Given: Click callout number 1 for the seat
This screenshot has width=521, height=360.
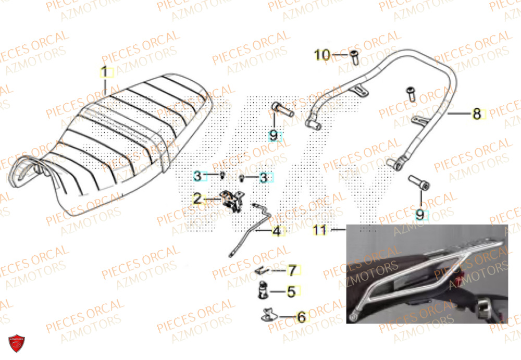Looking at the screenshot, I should click(104, 72).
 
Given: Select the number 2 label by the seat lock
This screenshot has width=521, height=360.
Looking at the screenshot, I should click(197, 198).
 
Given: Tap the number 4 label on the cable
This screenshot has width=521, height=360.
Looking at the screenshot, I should click(277, 231).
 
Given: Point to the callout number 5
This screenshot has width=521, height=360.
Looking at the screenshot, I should click(291, 291).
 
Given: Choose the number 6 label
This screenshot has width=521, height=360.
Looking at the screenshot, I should click(301, 316).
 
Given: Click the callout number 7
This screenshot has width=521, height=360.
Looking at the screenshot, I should click(292, 270).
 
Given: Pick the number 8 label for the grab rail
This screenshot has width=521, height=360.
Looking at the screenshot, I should click(477, 114).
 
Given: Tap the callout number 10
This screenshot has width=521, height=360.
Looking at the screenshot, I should click(322, 55).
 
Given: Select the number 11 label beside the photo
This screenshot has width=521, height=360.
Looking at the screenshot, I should click(319, 229).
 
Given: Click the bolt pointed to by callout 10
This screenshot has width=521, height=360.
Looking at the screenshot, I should click(354, 57).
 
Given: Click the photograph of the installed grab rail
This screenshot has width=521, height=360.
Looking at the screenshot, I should click(426, 274).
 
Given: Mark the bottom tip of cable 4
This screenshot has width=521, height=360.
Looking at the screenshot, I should click(230, 254).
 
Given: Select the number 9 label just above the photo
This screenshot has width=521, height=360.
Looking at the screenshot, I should click(420, 214).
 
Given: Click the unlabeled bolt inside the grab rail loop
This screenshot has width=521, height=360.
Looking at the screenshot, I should click(410, 95).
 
